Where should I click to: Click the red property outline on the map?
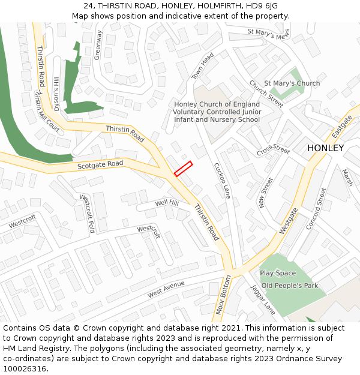coord(183,169)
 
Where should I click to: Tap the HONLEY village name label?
coord(325,148)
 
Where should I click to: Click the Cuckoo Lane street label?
coord(222,180)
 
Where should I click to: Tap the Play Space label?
coord(278,274)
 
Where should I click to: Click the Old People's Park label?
coord(290,286)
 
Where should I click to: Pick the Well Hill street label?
coord(167,203)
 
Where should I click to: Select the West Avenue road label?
coord(166,290)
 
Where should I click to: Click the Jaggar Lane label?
coord(263,299)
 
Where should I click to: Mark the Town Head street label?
coord(203,66)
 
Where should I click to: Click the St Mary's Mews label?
coord(268,34)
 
